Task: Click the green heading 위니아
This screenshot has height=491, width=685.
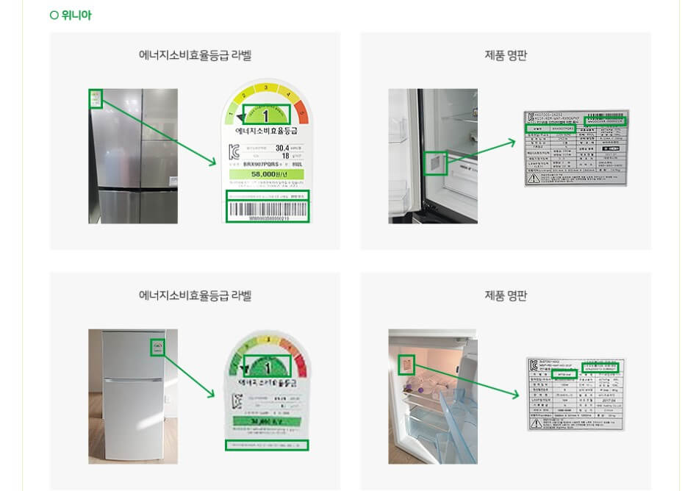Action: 76,15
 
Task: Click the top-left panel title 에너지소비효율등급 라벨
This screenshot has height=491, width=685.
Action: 195,55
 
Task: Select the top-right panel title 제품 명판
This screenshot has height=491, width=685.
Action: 505,55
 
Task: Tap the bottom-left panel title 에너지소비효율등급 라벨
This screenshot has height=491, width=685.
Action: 195,295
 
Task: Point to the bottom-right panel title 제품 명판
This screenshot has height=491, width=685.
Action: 505,295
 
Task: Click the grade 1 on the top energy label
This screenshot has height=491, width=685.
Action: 266,115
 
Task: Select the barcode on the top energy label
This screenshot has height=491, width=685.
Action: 266,210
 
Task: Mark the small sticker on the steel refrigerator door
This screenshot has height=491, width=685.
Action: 95,98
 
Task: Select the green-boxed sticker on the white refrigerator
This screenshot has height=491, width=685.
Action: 157,347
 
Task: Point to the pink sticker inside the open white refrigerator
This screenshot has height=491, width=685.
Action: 406,365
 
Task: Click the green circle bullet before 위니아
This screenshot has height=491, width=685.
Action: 54,15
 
